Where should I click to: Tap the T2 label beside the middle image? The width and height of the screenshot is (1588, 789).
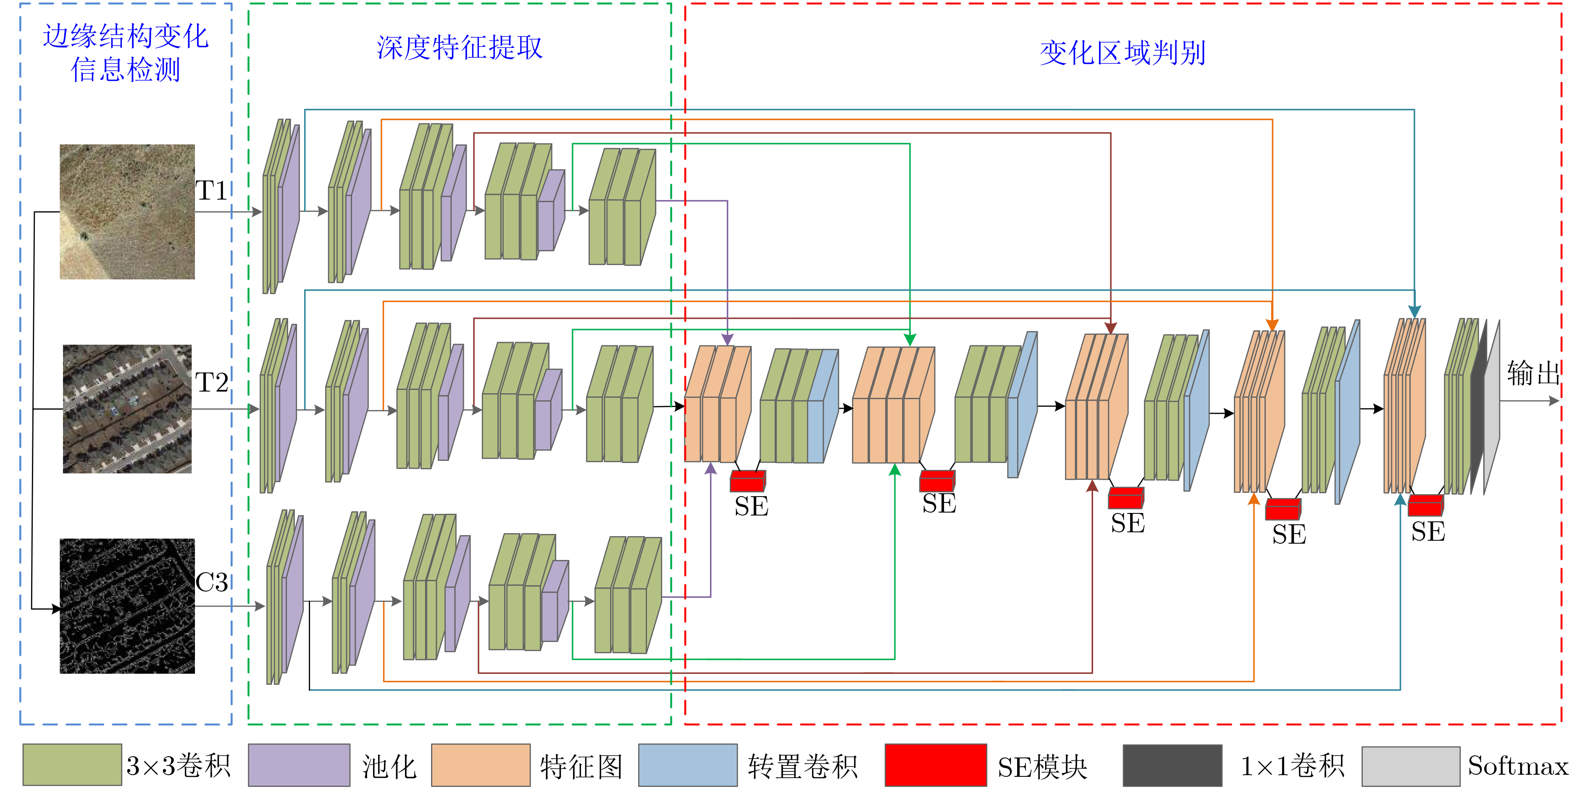click(x=211, y=382)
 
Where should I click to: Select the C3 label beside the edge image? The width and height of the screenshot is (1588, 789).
click(x=211, y=582)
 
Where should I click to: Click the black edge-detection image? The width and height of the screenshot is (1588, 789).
click(x=127, y=606)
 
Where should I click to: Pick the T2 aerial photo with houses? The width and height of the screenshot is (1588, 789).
click(x=127, y=409)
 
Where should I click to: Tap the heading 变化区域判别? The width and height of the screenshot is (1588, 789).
click(x=1123, y=53)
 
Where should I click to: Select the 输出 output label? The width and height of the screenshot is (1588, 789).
click(x=1533, y=373)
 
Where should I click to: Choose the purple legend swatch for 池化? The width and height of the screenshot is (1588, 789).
click(x=299, y=765)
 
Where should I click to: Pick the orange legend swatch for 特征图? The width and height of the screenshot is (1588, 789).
click(x=481, y=765)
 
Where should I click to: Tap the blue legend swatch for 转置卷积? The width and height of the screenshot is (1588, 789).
click(x=688, y=765)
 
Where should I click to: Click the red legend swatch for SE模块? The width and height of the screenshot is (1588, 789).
click(x=936, y=765)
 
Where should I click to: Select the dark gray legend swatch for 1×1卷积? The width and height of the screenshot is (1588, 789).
click(x=1173, y=765)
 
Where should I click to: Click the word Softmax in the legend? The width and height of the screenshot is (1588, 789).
click(x=1518, y=765)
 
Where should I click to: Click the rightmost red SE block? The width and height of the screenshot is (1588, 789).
click(x=1426, y=505)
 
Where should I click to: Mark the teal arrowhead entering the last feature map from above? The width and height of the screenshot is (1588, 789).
click(x=1415, y=311)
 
